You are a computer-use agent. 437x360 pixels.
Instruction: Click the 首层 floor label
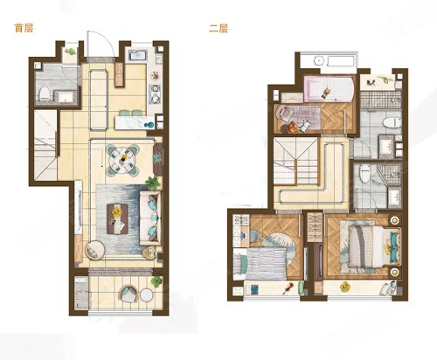tap(24, 28)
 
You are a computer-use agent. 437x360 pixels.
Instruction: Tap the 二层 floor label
tap(218, 29)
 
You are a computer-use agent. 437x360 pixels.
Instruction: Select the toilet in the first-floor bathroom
tap(45, 93)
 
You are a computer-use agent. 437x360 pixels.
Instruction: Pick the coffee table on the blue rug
tap(117, 218)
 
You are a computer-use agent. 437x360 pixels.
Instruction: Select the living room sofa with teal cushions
tap(150, 218)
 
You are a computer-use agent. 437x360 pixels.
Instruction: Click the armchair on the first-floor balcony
tap(128, 294)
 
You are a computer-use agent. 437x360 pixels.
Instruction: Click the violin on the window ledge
tap(288, 288)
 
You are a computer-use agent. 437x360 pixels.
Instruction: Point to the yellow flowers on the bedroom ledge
tap(345, 287)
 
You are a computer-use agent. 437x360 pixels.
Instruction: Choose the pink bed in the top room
tap(329, 88)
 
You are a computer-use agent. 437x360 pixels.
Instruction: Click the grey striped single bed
tap(260, 263)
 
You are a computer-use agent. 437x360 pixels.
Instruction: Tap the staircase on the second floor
tap(296, 161)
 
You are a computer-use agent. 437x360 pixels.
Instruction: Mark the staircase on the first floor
tap(45, 145)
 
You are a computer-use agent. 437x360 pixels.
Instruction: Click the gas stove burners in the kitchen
tap(155, 93)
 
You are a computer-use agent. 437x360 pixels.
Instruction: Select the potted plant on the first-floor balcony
tap(156, 280)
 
